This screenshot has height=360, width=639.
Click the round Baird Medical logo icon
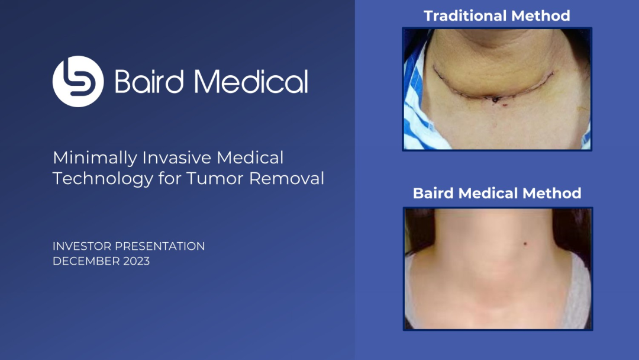click(78, 82)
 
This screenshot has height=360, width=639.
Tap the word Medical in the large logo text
click(251, 82)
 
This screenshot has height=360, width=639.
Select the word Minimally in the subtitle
click(95, 158)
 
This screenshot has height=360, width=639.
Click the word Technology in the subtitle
click(103, 179)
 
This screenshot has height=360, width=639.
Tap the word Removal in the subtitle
click(286, 178)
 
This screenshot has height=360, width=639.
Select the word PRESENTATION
click(160, 246)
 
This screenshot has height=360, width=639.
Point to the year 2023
click(137, 261)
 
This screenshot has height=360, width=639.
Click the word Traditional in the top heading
click(466, 16)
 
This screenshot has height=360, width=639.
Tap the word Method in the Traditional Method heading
click(541, 16)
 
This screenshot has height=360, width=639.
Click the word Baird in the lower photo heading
click(434, 193)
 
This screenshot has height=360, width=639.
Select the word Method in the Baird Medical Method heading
click(552, 193)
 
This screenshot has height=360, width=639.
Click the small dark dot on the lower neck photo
click(525, 244)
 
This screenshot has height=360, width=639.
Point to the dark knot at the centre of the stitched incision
click(495, 99)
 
